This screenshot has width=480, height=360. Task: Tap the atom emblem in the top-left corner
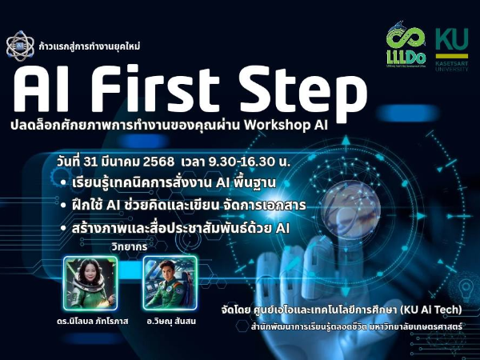pos(17,46)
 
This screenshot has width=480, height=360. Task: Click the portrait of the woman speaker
pos(86,282)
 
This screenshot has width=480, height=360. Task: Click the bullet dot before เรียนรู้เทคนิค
pos(62,182)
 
